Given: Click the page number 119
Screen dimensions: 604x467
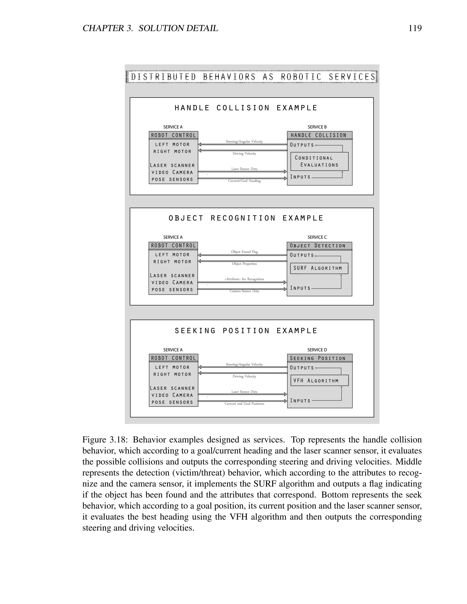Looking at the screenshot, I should (415, 28).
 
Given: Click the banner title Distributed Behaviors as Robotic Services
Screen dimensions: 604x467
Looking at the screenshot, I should (253, 77).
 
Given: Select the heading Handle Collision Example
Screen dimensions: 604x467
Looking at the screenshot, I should (246, 108).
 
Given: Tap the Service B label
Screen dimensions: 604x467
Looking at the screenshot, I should (317, 127).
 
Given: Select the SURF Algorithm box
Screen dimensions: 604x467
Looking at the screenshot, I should (319, 268).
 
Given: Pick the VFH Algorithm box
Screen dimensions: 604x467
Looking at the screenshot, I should (319, 381).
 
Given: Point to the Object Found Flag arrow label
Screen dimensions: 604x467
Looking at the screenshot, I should (244, 252).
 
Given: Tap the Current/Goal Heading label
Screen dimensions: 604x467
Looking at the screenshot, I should (244, 181).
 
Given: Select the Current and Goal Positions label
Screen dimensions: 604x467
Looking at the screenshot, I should (244, 404).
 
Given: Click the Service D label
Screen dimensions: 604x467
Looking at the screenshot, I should (317, 350).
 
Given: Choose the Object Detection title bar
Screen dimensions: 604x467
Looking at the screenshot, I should (319, 245).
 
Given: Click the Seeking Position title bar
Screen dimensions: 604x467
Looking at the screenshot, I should (319, 358).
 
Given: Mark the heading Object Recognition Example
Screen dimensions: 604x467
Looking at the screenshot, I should (246, 218).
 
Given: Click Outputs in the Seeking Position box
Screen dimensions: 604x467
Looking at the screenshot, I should (302, 368).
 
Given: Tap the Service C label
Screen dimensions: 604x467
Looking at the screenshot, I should (317, 237).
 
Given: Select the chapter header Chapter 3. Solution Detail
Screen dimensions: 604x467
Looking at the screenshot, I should (150, 28).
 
